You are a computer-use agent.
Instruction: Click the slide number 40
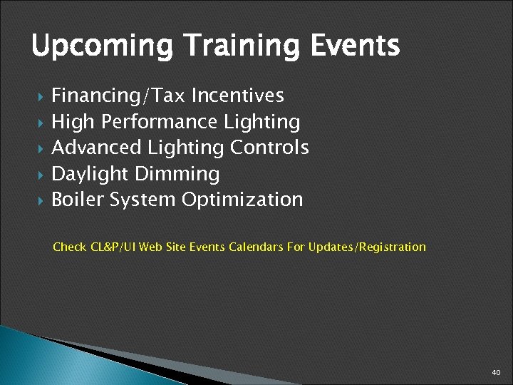click(496, 373)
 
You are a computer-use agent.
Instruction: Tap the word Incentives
click(237, 96)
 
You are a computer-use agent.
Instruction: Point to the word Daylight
click(91, 174)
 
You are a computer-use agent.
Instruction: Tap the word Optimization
click(242, 200)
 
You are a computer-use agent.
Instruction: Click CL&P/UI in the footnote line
click(113, 247)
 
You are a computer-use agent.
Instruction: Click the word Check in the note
click(70, 247)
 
